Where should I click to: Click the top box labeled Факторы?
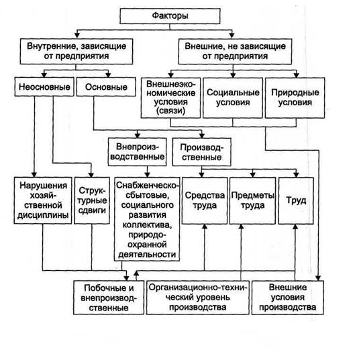pyautogui.click(x=170, y=16)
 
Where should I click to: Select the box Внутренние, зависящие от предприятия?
pyautogui.click(x=76, y=52)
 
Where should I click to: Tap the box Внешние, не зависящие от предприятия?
pyautogui.click(x=235, y=52)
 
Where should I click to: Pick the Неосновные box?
pyautogui.click(x=44, y=86)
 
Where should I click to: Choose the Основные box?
pyautogui.click(x=106, y=86)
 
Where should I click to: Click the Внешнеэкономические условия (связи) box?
pyautogui.click(x=170, y=98)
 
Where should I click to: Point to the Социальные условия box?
pyautogui.click(x=233, y=98)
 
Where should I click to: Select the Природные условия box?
pyautogui.click(x=295, y=98)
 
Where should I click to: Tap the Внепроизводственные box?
pyautogui.click(x=137, y=152)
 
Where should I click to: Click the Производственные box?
pyautogui.click(x=202, y=152)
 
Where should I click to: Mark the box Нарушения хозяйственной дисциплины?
pyautogui.click(x=43, y=200)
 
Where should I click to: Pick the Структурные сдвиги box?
pyautogui.click(x=92, y=200)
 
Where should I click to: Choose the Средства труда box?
pyautogui.click(x=205, y=200)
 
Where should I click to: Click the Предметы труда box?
pyautogui.click(x=252, y=200)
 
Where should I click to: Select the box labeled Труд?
pyautogui.click(x=296, y=200)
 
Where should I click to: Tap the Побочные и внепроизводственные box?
pyautogui.click(x=109, y=298)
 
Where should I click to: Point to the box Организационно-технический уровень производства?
pyautogui.click(x=198, y=298)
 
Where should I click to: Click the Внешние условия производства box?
pyautogui.click(x=288, y=298)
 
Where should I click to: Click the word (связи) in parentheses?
pyautogui.click(x=170, y=111)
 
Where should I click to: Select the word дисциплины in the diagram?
pyautogui.click(x=43, y=215)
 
